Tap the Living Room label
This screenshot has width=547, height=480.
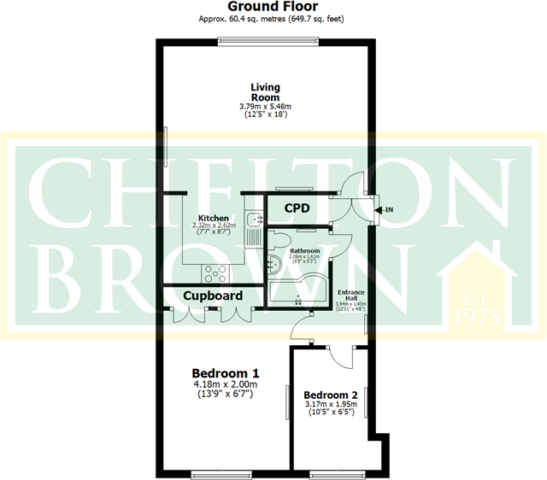266,91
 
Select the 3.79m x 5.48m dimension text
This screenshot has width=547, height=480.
266,107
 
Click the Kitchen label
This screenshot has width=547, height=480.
213,218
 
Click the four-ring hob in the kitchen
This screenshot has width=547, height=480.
214,273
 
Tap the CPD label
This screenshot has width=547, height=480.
297,208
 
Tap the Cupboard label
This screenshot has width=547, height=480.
211,296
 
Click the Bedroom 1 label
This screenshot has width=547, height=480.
225,373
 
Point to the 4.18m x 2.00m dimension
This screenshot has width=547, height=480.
225,385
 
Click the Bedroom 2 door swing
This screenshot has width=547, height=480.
340,357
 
